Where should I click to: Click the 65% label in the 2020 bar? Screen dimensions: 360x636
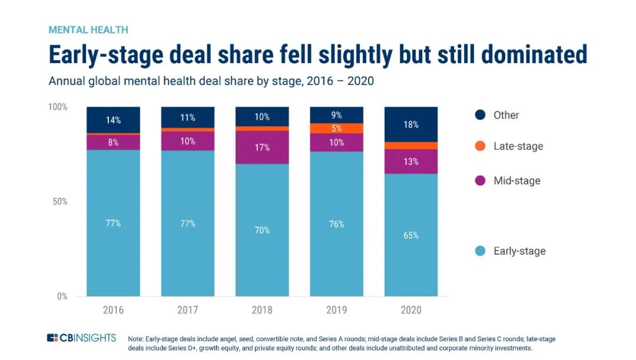[411, 235]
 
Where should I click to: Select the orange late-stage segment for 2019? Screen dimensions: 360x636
[336, 128]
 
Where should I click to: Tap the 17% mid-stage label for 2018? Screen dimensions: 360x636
[262, 147]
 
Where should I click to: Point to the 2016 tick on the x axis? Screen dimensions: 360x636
[113, 310]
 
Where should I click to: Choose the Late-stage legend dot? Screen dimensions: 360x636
[480, 146]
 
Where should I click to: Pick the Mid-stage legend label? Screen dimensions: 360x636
[516, 181]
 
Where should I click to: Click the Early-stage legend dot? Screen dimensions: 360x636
[480, 251]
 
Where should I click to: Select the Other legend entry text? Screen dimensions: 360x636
[506, 115]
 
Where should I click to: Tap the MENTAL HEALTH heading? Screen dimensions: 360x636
[88, 29]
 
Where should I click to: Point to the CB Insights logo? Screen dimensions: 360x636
[82, 338]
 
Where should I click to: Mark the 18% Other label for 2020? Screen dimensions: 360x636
[411, 124]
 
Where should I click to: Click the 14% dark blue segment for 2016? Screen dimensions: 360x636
[113, 120]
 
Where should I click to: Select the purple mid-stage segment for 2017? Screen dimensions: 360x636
[188, 141]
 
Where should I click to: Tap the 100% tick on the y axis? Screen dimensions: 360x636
[58, 107]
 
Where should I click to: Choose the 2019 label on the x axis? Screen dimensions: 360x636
[336, 310]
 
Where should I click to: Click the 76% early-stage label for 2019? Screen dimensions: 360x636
[336, 224]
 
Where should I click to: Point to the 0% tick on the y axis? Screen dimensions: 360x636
[62, 296]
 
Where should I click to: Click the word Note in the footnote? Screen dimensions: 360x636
[136, 339]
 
